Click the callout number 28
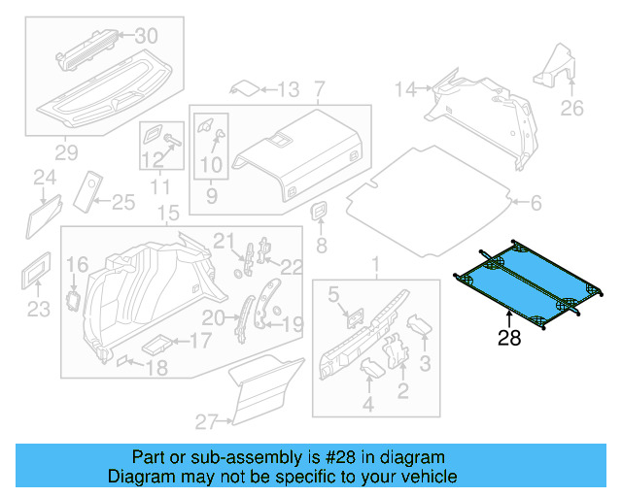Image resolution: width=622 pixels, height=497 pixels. pos(509,339)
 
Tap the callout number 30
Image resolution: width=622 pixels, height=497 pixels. pos(145,35)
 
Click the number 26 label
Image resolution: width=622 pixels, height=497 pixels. pos(573,108)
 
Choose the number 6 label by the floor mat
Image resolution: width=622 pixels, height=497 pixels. pos(535,203)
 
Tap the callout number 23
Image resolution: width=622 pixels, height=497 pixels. pos(37,310)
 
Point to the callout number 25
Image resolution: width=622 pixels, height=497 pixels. pos(122,202)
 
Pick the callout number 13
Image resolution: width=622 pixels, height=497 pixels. pos(289,90)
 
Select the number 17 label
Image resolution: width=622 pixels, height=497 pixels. pos(199,341)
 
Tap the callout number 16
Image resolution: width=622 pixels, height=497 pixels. pos(77,263)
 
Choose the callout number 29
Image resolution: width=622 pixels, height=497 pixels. pos(66,152)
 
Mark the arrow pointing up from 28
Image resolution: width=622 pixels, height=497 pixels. pos(509,315)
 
